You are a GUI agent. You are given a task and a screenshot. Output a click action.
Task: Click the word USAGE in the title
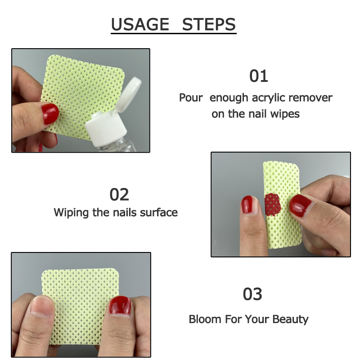[139, 24]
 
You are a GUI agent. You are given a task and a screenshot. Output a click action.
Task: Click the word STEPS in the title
[209, 24]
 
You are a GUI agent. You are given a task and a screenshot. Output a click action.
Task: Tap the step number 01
[258, 76]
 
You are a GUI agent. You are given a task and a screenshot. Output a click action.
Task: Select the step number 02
[119, 194]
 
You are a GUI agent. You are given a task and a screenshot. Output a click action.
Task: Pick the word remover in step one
[310, 98]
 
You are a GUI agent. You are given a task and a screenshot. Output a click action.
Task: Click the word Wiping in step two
[71, 212]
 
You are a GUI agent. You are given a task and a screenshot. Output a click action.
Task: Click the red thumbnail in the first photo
[49, 113]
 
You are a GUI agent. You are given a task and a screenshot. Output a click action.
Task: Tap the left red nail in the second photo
[247, 205]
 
